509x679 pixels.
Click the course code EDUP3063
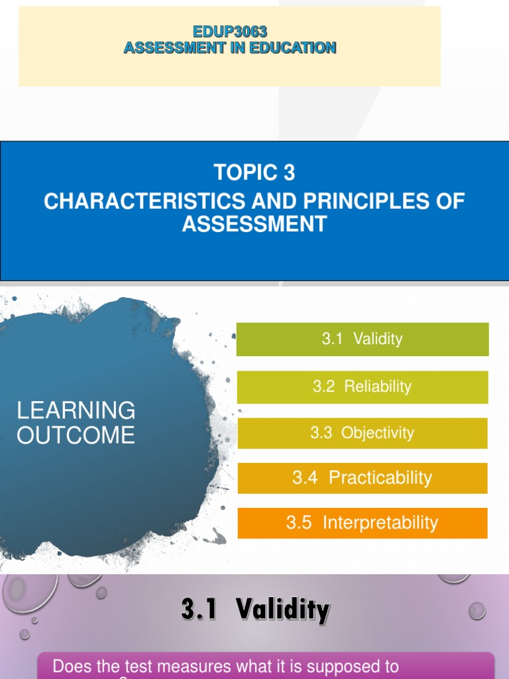(x=229, y=31)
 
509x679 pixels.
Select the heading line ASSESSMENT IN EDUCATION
(x=229, y=48)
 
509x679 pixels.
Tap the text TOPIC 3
(x=254, y=173)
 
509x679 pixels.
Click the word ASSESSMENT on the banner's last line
(x=254, y=224)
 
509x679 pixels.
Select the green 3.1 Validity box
(x=363, y=339)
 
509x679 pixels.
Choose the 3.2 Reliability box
(x=363, y=387)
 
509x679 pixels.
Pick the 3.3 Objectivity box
(x=363, y=433)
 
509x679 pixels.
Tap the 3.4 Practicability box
(x=363, y=478)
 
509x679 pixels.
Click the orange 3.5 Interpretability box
(x=363, y=523)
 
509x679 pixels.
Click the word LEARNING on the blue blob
(x=76, y=410)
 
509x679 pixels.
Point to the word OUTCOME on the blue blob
(x=76, y=436)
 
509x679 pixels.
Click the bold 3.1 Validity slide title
(x=255, y=609)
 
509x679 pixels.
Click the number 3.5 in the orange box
(x=299, y=523)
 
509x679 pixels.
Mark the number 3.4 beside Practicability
(x=305, y=478)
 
